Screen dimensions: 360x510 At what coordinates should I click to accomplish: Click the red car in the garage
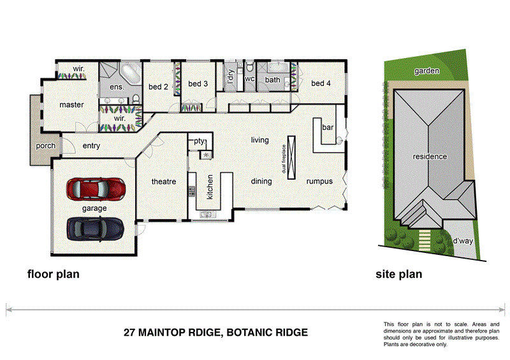(95, 189)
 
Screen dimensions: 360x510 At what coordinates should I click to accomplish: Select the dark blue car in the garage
(95, 227)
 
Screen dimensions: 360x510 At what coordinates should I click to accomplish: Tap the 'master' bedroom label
(72, 104)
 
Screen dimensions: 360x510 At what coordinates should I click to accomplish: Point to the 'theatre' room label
(163, 182)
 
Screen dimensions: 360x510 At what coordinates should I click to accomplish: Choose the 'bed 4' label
(321, 83)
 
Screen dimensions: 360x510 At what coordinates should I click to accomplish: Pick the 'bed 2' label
(158, 87)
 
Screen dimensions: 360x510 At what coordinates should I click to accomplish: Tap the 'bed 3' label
(198, 83)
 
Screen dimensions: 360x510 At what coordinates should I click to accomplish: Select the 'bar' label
(328, 127)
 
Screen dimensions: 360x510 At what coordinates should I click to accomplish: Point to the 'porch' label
(46, 146)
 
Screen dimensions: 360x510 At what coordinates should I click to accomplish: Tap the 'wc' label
(250, 80)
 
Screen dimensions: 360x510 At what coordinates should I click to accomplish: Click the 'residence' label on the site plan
(430, 156)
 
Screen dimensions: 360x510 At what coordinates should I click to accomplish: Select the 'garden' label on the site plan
(426, 71)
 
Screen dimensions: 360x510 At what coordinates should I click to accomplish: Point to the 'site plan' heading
(398, 275)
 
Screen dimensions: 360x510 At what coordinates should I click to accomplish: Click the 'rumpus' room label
(319, 181)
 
